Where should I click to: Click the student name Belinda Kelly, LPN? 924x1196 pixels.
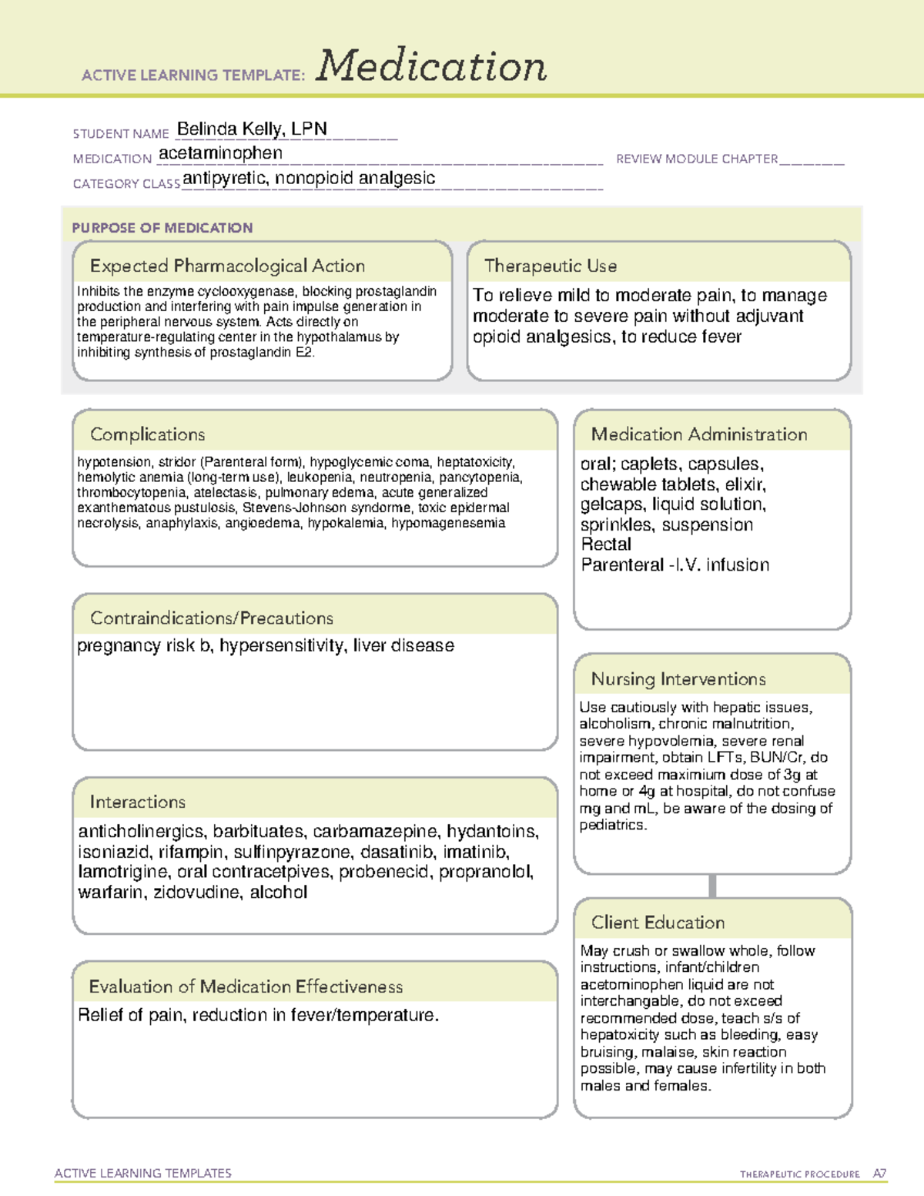point(252,129)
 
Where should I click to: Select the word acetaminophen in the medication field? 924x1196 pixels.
point(220,153)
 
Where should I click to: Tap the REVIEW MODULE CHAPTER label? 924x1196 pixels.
point(697,159)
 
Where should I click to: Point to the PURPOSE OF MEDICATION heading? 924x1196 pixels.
point(162,228)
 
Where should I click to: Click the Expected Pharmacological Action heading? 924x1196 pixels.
point(227,266)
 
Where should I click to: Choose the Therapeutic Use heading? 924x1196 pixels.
point(551,266)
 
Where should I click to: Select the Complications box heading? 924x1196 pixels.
point(147,434)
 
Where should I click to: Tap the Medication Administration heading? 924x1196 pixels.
point(699,434)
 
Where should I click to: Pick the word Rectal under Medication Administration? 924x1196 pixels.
point(606,544)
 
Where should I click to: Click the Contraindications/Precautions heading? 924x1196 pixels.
point(212,618)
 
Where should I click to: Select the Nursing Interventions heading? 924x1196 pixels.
point(678,678)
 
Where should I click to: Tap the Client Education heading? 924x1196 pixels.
point(658,923)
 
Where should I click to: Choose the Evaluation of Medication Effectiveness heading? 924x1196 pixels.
point(246,987)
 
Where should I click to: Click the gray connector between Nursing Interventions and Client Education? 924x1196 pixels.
point(712,886)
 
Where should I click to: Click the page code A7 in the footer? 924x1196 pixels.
point(879,1174)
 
